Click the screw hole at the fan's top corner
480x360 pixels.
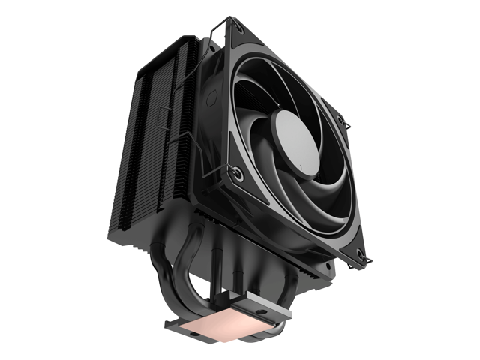(x=241, y=29)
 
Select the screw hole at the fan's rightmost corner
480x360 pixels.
(x=342, y=120)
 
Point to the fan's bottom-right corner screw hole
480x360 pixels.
(x=361, y=253)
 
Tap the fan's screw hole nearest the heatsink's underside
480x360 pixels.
(x=238, y=178)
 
